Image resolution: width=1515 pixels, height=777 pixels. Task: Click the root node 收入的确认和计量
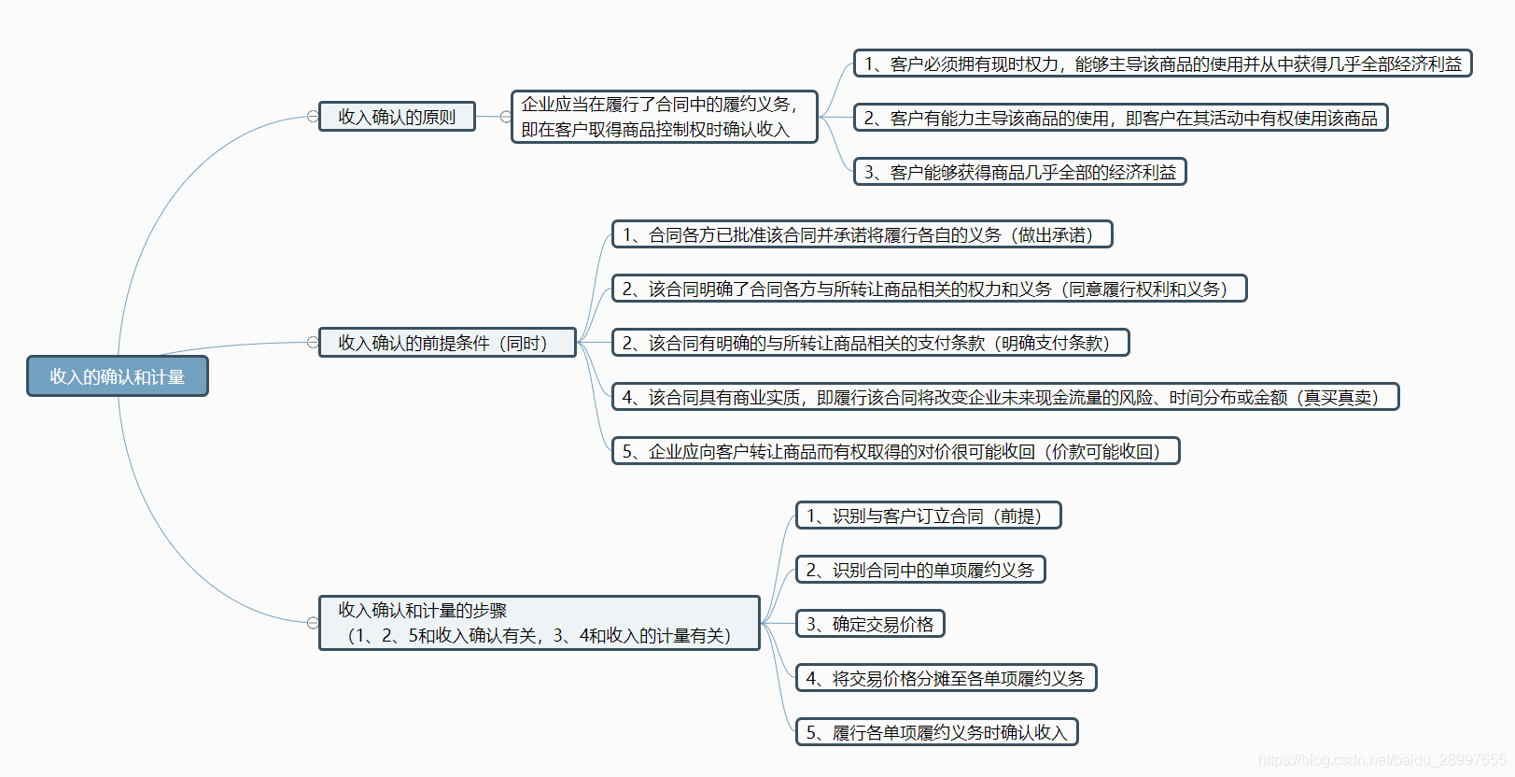coord(118,376)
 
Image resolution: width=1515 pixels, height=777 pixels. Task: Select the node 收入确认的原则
coord(397,117)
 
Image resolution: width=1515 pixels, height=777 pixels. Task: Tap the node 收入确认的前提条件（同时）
coord(447,343)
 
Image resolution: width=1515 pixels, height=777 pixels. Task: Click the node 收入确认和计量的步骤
coord(539,623)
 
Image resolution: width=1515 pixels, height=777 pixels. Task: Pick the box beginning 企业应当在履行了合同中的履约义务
coord(664,117)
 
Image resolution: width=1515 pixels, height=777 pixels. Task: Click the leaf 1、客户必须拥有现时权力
coord(1162,64)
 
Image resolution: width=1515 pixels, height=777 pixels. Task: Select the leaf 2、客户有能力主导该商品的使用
coord(1120,118)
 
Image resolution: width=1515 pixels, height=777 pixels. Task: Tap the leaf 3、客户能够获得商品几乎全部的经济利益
coord(1019,172)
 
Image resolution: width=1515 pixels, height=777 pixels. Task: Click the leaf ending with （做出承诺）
coord(862,234)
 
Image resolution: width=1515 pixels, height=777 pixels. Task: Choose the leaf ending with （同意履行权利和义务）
coord(929,289)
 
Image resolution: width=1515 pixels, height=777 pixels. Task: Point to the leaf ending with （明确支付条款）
coord(870,343)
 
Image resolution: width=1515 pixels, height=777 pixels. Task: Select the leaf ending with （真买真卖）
coord(1004,397)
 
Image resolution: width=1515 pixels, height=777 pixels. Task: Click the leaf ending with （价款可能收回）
coord(895,451)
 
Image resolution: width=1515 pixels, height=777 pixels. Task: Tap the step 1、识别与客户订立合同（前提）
coord(928,516)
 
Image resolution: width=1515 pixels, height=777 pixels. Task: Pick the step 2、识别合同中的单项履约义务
coord(919,570)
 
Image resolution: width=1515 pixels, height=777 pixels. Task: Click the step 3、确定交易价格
coord(870,624)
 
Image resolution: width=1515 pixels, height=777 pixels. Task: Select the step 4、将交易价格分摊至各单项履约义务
coord(946,678)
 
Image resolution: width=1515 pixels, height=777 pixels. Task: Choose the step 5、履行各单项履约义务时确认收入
coord(936,732)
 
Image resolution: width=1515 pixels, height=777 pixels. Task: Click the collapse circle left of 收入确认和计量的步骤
coord(313,623)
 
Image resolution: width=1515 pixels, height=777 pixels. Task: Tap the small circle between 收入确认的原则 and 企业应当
coord(505,117)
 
